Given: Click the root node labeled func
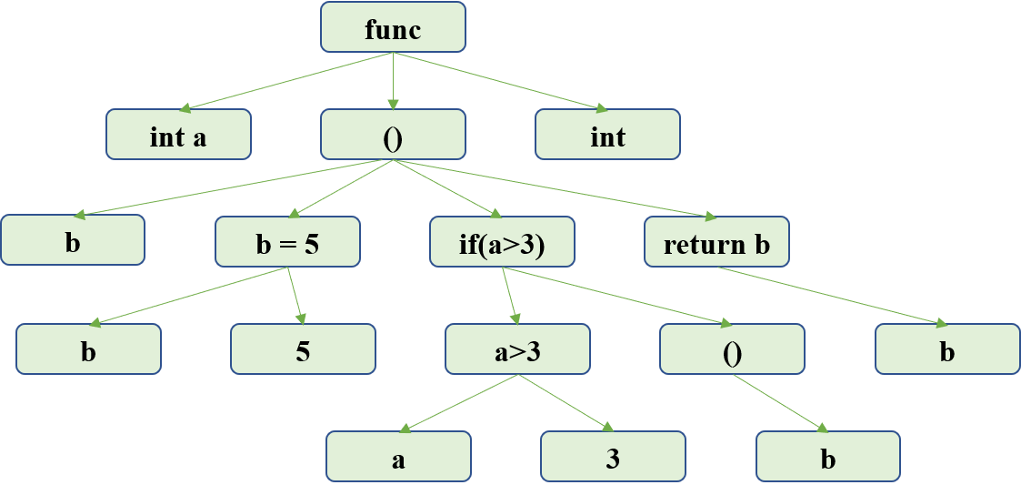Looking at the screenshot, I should [393, 28].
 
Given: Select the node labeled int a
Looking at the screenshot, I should [178, 136].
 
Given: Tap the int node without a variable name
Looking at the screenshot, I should [607, 136].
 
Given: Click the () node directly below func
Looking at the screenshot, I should [393, 136].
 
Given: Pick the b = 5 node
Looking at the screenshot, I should [287, 243].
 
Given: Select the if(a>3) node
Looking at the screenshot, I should [502, 243].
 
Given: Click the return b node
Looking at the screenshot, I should [716, 243].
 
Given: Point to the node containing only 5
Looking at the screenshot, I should [303, 350].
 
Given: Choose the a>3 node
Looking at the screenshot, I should [517, 350].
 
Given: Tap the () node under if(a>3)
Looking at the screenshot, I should [732, 350].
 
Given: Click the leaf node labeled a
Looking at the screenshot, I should [398, 458].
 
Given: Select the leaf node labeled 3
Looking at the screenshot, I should [613, 458].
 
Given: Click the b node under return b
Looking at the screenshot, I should [947, 350].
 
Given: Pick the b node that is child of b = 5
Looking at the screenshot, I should [88, 350].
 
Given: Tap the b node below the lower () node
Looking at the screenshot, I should [827, 458].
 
